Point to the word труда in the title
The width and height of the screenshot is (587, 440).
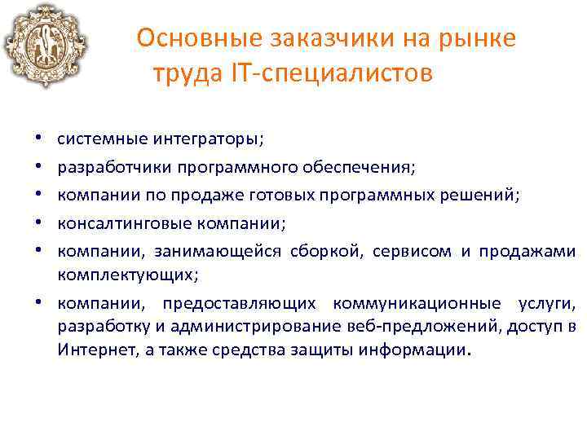click(x=179, y=74)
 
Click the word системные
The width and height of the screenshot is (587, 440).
click(x=101, y=139)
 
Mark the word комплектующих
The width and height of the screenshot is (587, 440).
click(x=126, y=275)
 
